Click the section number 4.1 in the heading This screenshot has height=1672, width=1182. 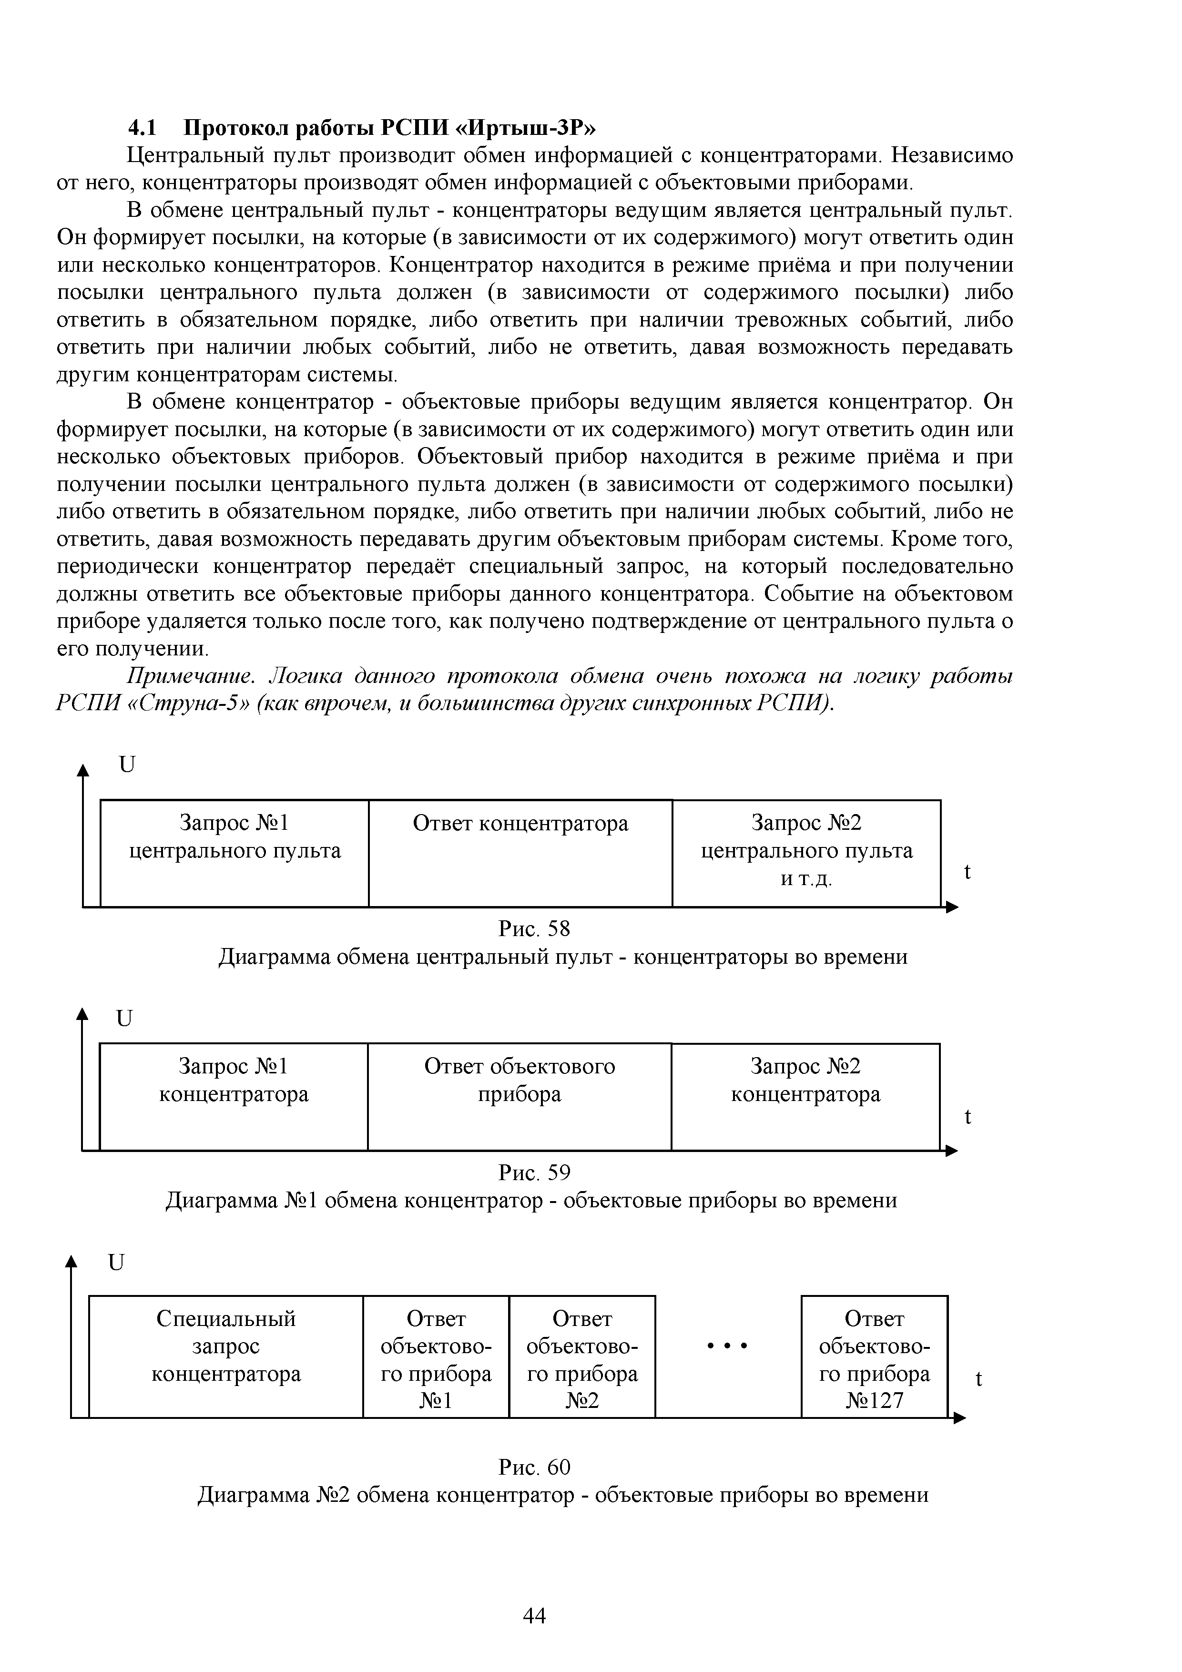(142, 127)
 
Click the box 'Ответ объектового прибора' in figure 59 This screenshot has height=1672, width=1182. (519, 1097)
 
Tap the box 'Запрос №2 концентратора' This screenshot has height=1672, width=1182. (805, 1097)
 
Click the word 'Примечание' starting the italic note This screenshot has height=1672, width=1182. (190, 676)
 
